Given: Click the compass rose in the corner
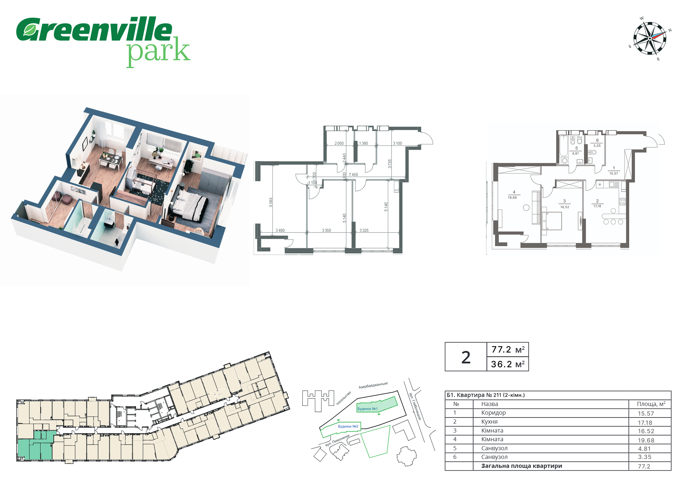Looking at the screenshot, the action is coord(650,39).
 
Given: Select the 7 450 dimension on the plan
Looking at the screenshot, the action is coord(353,175).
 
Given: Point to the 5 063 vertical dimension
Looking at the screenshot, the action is coord(271,202).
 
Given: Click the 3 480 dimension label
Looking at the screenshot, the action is coord(280,230).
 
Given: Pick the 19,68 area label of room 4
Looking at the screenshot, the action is coord(512,198).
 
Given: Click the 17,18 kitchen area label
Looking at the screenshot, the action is coord(597,206).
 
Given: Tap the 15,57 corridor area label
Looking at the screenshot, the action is coord(613,174).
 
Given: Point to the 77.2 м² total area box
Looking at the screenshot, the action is coord(508,350).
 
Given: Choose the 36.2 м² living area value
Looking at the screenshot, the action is coord(507,364).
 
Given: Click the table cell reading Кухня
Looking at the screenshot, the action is coord(489,422).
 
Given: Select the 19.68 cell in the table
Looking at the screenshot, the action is coord(646,440).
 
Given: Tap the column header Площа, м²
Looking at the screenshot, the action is coord(651,404).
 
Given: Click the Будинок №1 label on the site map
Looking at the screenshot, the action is coord(367,409).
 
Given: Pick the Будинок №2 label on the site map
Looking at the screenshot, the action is coord(348,426).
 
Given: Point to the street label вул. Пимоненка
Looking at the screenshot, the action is coord(337,440).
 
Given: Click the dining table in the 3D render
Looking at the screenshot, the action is coord(111,160).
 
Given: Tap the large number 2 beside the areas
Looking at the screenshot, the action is coord(466,357).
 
